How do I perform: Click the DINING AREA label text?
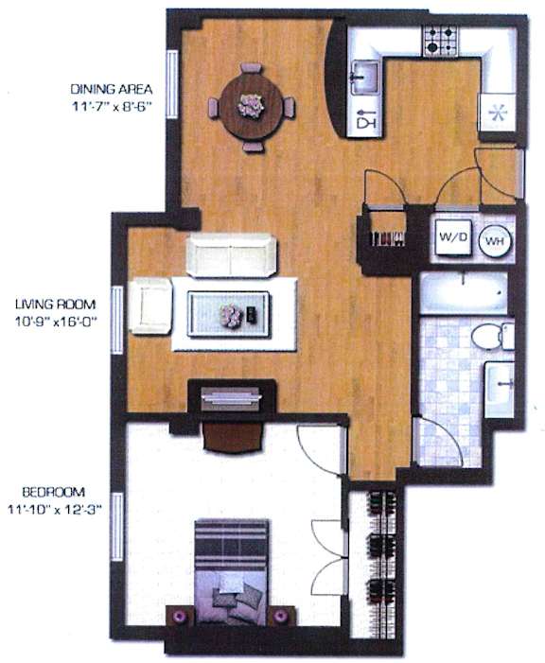[x=112, y=89]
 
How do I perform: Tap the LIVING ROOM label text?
[x=56, y=304]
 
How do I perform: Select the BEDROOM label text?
[x=53, y=492]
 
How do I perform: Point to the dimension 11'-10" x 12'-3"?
[x=56, y=510]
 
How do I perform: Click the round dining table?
[x=252, y=106]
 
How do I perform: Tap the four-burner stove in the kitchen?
[x=441, y=41]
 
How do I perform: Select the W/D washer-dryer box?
[x=453, y=237]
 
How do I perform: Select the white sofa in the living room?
[x=231, y=255]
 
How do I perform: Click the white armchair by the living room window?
[x=150, y=306]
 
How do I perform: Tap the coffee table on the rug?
[x=228, y=314]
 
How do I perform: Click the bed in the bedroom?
[x=232, y=572]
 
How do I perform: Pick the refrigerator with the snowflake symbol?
[x=497, y=113]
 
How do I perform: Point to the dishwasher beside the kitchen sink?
[x=364, y=117]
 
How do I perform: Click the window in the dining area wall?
[x=172, y=84]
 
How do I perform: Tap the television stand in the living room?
[x=232, y=397]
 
